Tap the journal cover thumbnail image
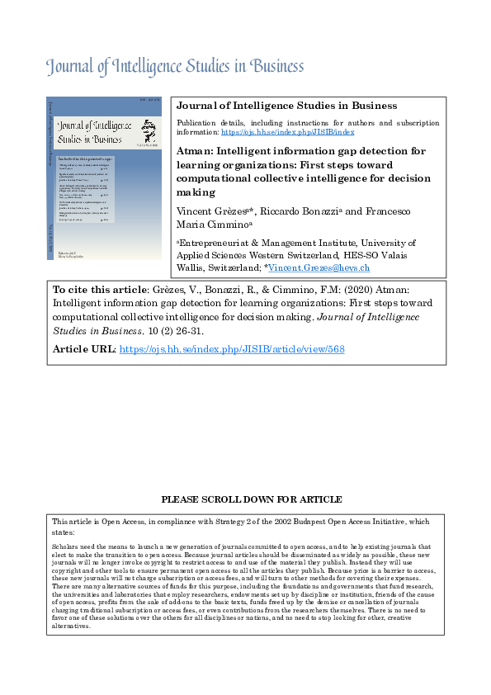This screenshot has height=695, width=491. (104, 178)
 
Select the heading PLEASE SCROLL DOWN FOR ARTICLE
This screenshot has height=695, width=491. (251, 500)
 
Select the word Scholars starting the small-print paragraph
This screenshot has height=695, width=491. (65, 546)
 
